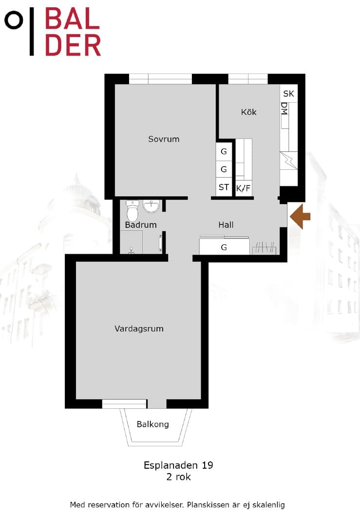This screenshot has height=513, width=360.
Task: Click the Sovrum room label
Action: tap(164, 139)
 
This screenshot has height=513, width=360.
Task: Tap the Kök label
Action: tap(248, 112)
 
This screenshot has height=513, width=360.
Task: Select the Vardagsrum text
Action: tap(139, 329)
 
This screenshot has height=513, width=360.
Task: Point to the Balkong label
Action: tap(152, 424)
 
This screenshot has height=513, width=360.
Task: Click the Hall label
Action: tap(226, 225)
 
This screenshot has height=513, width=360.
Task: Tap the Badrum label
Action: tap(141, 225)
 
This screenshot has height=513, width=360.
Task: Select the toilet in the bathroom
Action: tap(133, 211)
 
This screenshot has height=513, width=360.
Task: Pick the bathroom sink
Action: tap(152, 206)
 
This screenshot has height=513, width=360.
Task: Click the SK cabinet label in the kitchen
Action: tap(288, 93)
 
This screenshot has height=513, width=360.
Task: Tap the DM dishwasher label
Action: tap(284, 109)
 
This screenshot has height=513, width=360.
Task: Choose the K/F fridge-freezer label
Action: tap(244, 188)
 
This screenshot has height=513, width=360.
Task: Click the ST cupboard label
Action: tap(224, 187)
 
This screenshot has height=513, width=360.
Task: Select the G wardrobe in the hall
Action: tap(224, 247)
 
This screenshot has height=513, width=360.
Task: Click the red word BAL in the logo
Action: tap(73, 19)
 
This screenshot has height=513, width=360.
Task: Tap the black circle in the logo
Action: tap(14, 20)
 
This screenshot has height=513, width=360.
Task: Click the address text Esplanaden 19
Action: tap(178, 465)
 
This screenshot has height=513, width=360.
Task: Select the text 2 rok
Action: tap(178, 476)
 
